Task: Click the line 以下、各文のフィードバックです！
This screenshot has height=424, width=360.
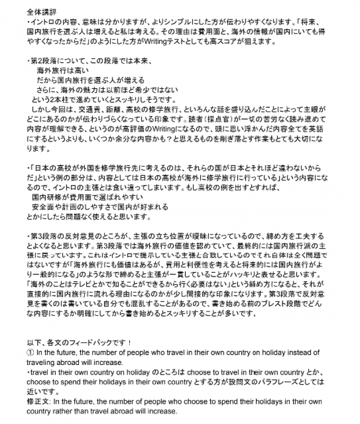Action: [x=79, y=342]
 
